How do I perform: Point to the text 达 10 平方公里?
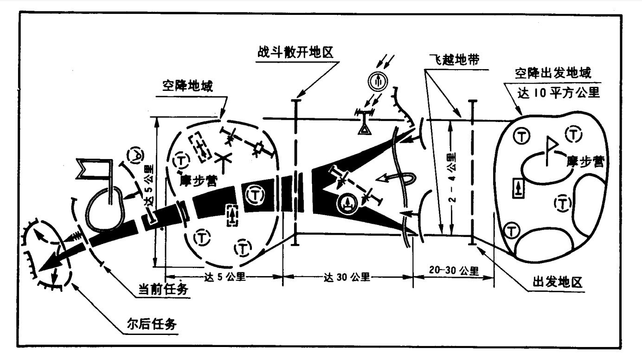(559, 92)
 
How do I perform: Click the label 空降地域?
(187, 87)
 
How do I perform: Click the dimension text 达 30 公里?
(347, 277)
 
